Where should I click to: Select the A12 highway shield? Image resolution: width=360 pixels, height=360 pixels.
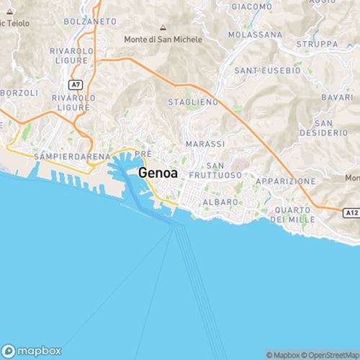351,213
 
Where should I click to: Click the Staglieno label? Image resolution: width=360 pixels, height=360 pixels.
192,103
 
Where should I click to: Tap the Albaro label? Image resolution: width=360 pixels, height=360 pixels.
220,202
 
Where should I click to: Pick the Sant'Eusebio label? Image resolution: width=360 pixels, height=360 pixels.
267,71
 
